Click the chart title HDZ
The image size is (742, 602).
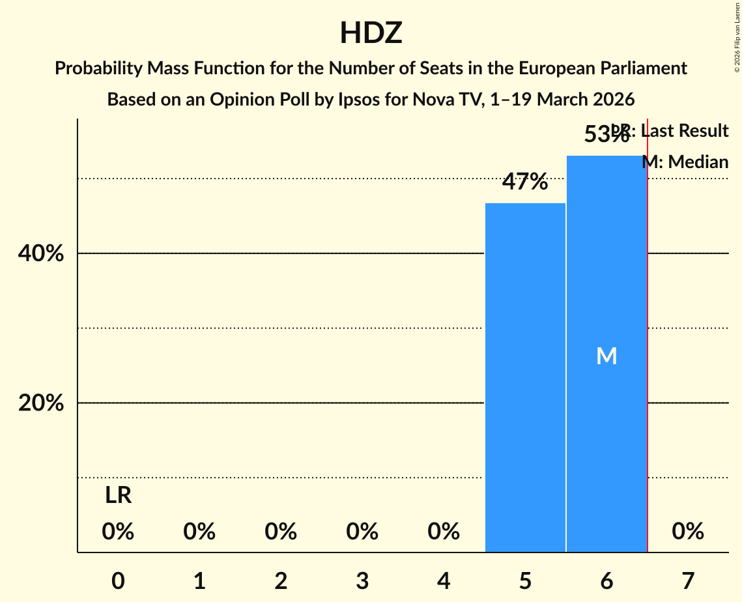(x=371, y=34)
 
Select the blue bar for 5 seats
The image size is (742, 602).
(x=525, y=378)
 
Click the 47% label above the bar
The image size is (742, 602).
(x=525, y=182)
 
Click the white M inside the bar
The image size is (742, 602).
(x=606, y=356)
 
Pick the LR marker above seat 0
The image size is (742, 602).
(x=118, y=496)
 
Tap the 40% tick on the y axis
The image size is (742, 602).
(x=41, y=253)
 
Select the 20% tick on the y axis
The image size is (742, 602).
(x=41, y=403)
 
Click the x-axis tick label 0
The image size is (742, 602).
(x=118, y=580)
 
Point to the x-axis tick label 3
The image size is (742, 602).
(x=362, y=580)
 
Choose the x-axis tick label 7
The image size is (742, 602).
(x=688, y=580)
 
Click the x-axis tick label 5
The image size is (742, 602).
(x=525, y=580)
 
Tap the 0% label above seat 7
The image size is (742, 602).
(x=688, y=532)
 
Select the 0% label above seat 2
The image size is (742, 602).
(x=281, y=532)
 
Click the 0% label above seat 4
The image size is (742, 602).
(x=444, y=532)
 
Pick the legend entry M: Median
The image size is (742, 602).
(x=685, y=162)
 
